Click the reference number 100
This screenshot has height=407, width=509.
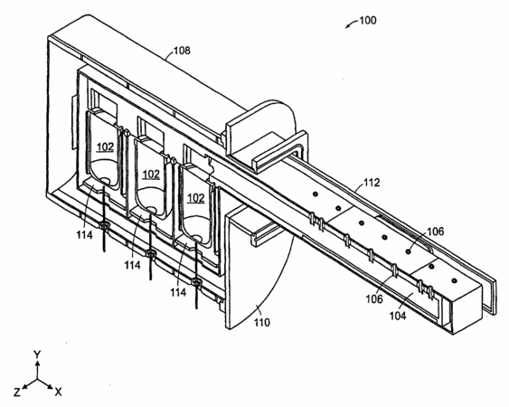click(368, 21)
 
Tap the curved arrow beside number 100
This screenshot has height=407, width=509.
click(351, 24)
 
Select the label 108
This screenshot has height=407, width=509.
click(182, 51)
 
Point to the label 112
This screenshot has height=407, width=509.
click(371, 182)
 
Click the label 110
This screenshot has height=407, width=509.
click(261, 322)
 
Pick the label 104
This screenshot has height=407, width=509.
click(398, 315)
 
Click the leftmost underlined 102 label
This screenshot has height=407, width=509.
click(106, 147)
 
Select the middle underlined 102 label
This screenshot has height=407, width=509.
click(151, 174)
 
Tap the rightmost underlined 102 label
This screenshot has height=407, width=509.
click(196, 197)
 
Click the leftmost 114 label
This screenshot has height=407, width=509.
click(84, 234)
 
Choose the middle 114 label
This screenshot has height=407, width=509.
click(132, 265)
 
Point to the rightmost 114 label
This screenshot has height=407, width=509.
click(178, 292)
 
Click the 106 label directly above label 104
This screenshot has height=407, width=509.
click(374, 298)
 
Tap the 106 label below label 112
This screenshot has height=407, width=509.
click(435, 232)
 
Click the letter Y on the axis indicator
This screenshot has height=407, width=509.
click(37, 355)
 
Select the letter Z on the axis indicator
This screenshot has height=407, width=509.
click(17, 393)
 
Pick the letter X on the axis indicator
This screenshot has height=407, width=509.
click(58, 392)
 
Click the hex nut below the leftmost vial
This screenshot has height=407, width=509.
click(104, 225)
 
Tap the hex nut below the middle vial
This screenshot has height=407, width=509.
click(150, 253)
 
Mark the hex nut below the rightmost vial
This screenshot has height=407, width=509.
click(196, 282)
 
